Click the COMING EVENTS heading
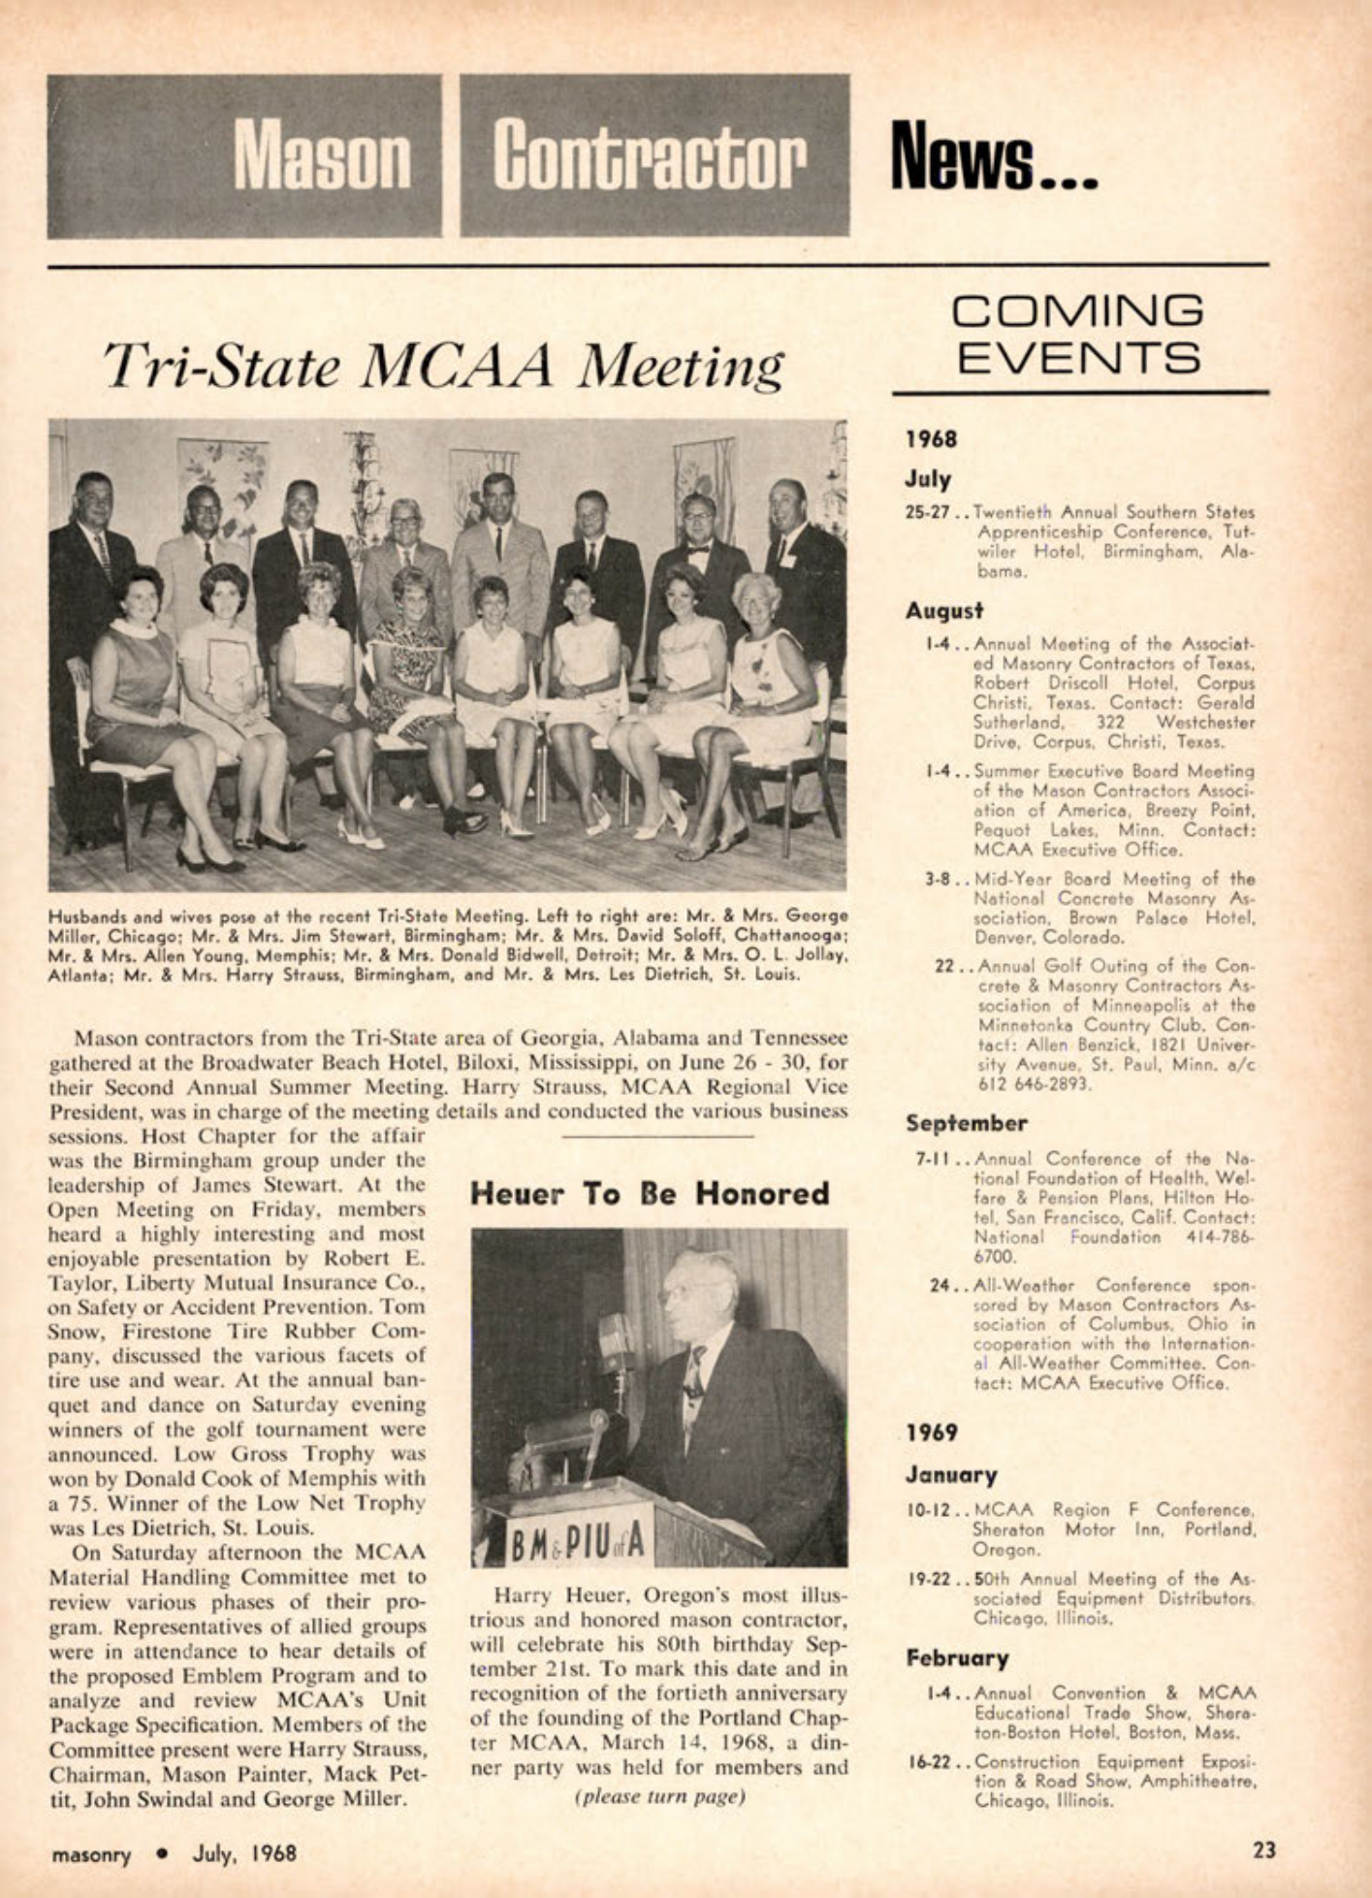[x=1077, y=335]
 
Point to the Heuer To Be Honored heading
[x=650, y=1194]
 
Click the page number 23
[x=1264, y=1850]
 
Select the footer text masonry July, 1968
[x=175, y=1853]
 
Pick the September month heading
[x=966, y=1123]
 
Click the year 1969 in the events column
[x=932, y=1432]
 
